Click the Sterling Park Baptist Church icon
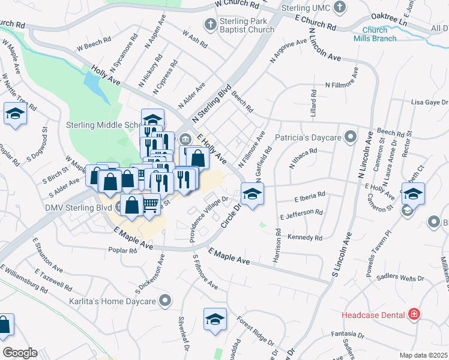(x=210, y=25)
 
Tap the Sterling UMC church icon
(x=340, y=8)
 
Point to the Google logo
(x=20, y=353)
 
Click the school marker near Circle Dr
(x=252, y=194)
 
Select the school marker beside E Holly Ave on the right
(x=413, y=194)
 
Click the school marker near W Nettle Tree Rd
(x=15, y=113)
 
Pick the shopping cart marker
(x=151, y=204)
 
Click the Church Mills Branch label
(x=379, y=34)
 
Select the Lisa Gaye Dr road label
(x=429, y=103)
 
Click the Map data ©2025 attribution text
(x=424, y=355)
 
